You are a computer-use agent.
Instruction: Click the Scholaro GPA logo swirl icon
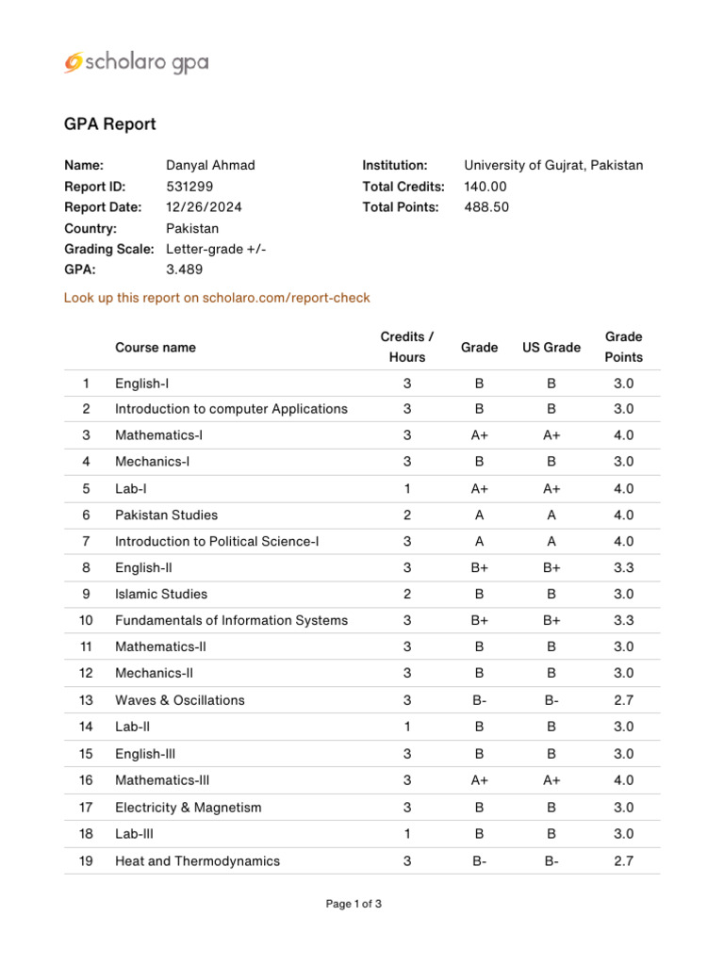[74, 62]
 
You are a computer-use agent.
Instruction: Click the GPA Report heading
[109, 124]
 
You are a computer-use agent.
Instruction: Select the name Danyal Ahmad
[210, 165]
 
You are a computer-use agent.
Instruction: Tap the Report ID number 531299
[189, 187]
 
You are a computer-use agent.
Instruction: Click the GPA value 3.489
[184, 270]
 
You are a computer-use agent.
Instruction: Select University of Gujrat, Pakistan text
[553, 165]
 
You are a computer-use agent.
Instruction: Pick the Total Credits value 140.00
[485, 187]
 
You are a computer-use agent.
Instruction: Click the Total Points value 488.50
[486, 207]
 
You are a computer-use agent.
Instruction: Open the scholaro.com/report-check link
[217, 298]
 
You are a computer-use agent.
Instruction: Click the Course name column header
[156, 348]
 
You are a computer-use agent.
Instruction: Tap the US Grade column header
[551, 348]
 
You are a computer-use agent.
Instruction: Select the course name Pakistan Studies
[166, 515]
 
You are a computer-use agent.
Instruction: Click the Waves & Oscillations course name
[179, 700]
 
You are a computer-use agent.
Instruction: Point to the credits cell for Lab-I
[407, 488]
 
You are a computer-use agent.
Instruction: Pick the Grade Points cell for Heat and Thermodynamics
[624, 860]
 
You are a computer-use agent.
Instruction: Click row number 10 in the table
[87, 620]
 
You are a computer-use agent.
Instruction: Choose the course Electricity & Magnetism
[188, 808]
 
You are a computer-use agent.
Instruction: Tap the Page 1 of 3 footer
[354, 904]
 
